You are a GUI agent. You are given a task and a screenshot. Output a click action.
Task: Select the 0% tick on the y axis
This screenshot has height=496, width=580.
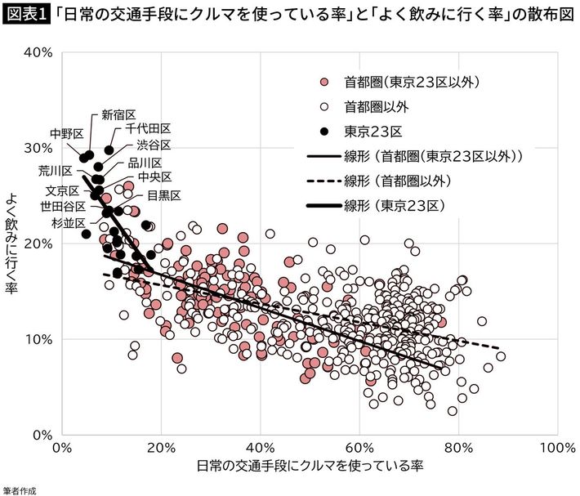point(43,434)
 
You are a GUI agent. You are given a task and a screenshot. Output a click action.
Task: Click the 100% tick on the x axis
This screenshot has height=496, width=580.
point(556,449)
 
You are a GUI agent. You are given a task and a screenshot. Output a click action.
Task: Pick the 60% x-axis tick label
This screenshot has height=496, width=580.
point(359,449)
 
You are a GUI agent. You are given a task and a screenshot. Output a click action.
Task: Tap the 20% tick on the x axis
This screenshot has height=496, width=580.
point(162,449)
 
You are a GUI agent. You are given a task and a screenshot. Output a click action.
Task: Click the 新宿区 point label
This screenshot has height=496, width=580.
point(118,115)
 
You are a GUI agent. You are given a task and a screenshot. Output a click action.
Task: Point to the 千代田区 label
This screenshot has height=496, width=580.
point(148,129)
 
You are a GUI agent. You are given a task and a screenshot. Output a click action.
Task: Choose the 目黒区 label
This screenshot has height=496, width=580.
point(164,194)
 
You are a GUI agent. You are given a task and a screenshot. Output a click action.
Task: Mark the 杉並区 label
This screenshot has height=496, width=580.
point(69,221)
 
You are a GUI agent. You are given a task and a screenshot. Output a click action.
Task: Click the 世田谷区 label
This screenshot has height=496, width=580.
point(64,206)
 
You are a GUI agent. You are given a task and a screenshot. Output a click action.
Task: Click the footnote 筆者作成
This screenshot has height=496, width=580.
point(20,489)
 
